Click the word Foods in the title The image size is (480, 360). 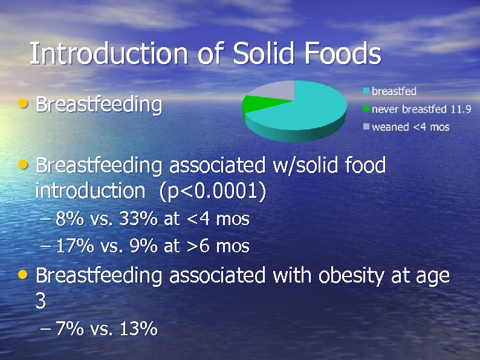(x=343, y=54)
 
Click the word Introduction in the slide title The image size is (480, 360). (x=109, y=54)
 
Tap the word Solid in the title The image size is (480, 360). (x=264, y=54)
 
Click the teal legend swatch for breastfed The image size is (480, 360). (x=366, y=91)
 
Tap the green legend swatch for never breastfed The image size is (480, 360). (x=366, y=110)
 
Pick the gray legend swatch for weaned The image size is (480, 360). (x=366, y=127)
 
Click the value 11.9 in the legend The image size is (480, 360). (x=460, y=110)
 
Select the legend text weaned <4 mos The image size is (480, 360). (x=410, y=127)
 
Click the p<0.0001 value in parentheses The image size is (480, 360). (x=212, y=191)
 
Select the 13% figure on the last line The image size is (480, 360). (x=139, y=329)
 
